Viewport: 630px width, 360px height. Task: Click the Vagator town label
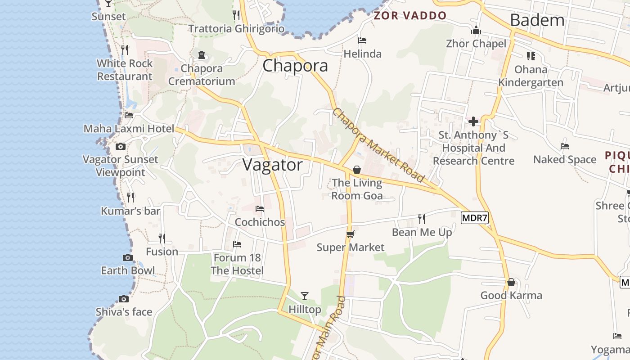[273, 165]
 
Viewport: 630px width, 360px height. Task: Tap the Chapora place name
[295, 66]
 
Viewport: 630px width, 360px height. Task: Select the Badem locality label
[537, 20]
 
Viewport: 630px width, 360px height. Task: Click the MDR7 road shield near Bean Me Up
[475, 218]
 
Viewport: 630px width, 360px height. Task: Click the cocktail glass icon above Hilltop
[305, 296]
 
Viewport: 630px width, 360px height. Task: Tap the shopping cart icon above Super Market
[351, 234]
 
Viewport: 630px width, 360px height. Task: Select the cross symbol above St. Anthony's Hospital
[473, 121]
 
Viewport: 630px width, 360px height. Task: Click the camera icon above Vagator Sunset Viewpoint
[120, 146]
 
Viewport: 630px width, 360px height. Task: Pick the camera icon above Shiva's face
[124, 299]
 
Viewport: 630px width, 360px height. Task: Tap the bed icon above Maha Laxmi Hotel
[129, 115]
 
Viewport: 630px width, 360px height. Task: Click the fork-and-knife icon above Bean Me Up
[422, 219]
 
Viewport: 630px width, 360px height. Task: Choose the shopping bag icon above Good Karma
[511, 283]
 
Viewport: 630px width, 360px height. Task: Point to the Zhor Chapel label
[476, 44]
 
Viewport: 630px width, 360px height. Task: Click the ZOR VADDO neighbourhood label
[410, 16]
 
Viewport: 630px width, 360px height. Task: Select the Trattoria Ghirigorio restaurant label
[236, 29]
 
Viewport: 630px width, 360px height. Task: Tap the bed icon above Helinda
[362, 40]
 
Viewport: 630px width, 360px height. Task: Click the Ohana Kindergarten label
[531, 76]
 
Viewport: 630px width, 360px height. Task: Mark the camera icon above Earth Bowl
[128, 258]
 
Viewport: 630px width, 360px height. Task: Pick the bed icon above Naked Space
[565, 146]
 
